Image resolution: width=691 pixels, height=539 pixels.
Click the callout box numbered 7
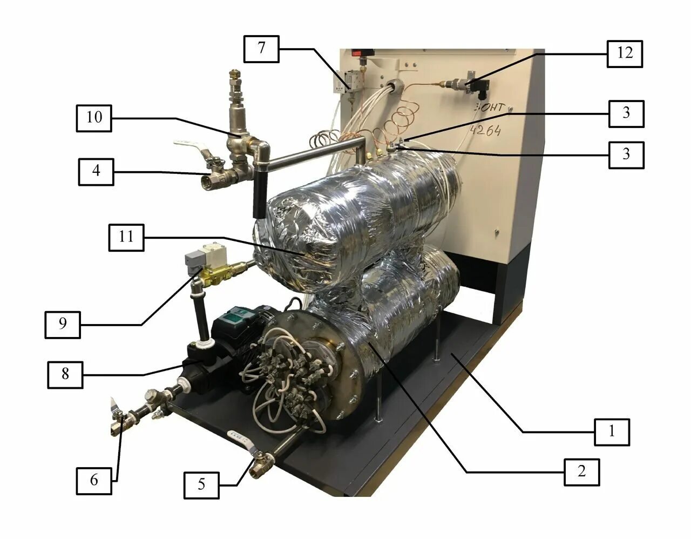point(261,48)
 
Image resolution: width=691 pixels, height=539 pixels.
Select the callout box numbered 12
point(625,53)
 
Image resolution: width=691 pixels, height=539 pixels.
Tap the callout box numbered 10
point(94,117)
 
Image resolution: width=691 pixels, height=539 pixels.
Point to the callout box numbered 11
point(126,237)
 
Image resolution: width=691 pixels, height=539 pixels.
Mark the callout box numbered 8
point(65,374)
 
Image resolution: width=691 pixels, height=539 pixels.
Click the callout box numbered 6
point(94,480)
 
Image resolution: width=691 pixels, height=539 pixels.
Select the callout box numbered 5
point(201,484)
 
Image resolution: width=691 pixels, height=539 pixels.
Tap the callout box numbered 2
point(581,471)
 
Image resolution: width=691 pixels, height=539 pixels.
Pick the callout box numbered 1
point(612,432)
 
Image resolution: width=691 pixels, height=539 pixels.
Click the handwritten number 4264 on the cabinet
point(485,130)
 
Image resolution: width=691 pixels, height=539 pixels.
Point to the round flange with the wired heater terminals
point(302,373)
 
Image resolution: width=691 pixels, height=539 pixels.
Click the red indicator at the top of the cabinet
point(356,53)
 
